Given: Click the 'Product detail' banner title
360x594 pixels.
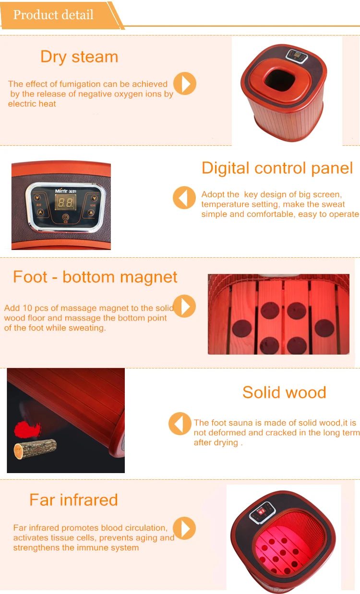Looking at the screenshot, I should coord(53,14).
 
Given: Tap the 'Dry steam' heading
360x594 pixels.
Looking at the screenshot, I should coord(79,57).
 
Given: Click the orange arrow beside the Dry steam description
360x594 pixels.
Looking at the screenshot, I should coord(184,83).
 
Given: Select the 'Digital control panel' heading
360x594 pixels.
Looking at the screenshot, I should coord(277,168).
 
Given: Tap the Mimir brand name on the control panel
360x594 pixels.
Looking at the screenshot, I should coord(56,190).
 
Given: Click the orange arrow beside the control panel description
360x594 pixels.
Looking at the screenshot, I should coord(184,197).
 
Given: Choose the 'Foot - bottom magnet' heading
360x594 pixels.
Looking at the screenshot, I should coord(95,277).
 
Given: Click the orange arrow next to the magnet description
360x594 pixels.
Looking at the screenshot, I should coord(184,306).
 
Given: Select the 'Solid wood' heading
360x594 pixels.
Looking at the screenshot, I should coord(284,392).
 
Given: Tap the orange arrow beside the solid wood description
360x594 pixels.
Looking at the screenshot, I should coord(180,424).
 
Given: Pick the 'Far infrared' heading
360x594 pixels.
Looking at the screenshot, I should coord(73,499).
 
